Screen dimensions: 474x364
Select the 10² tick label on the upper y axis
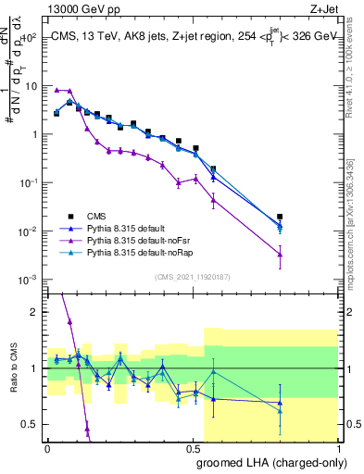coord(28,37)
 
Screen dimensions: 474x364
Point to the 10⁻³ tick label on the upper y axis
coord(28,280)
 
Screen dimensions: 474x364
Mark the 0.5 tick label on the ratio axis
coord(28,425)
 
